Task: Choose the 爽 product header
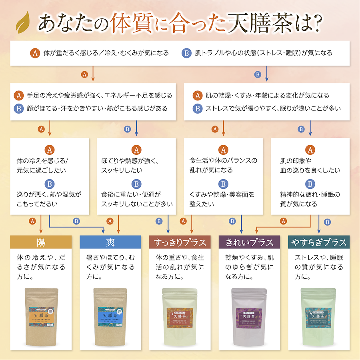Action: click(110, 242)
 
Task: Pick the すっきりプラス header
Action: click(180, 242)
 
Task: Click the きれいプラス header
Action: click(249, 242)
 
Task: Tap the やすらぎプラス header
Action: click(319, 242)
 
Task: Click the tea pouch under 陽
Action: click(42, 316)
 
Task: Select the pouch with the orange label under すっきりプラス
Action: click(180, 316)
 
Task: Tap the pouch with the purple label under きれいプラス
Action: click(249, 316)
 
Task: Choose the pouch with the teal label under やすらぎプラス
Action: click(318, 316)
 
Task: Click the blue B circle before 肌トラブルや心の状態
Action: click(186, 53)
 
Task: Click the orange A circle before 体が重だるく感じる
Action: click(35, 53)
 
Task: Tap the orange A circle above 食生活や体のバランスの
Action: click(223, 150)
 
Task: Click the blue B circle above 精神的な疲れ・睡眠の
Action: click(310, 184)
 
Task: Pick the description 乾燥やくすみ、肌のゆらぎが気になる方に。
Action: click(249, 266)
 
